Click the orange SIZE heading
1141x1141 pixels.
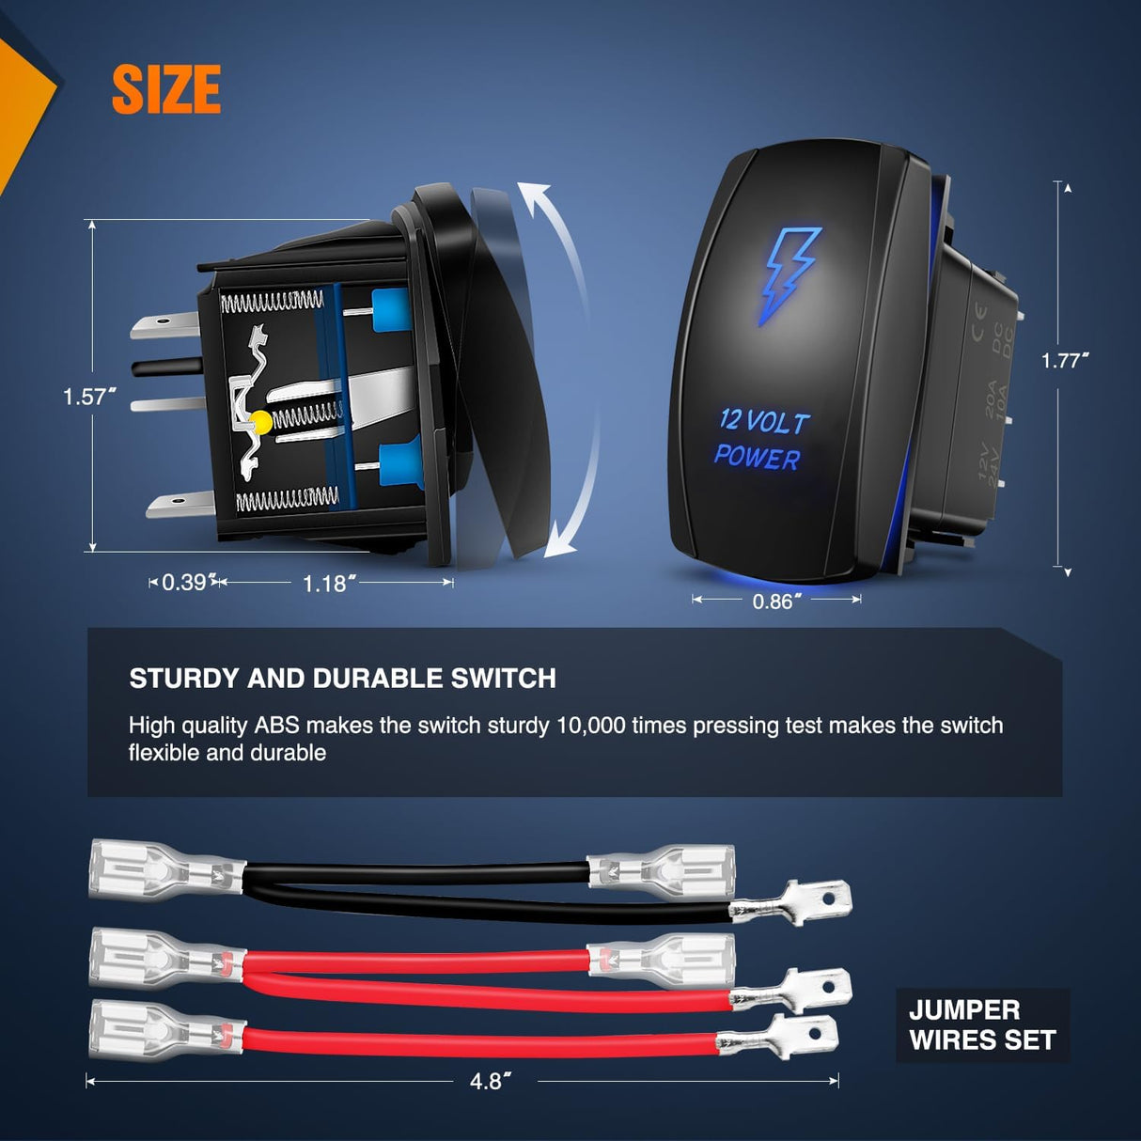click(x=166, y=90)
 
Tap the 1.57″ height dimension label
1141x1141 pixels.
click(x=89, y=397)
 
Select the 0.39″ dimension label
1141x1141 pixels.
click(x=184, y=583)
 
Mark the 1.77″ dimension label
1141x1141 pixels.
click(x=1065, y=361)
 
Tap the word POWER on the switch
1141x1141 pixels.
click(x=757, y=458)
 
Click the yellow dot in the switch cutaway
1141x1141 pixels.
click(x=262, y=422)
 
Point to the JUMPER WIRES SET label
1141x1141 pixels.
click(x=982, y=1025)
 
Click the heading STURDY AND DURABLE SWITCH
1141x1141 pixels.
click(x=342, y=679)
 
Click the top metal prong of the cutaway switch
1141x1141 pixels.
click(x=164, y=325)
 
